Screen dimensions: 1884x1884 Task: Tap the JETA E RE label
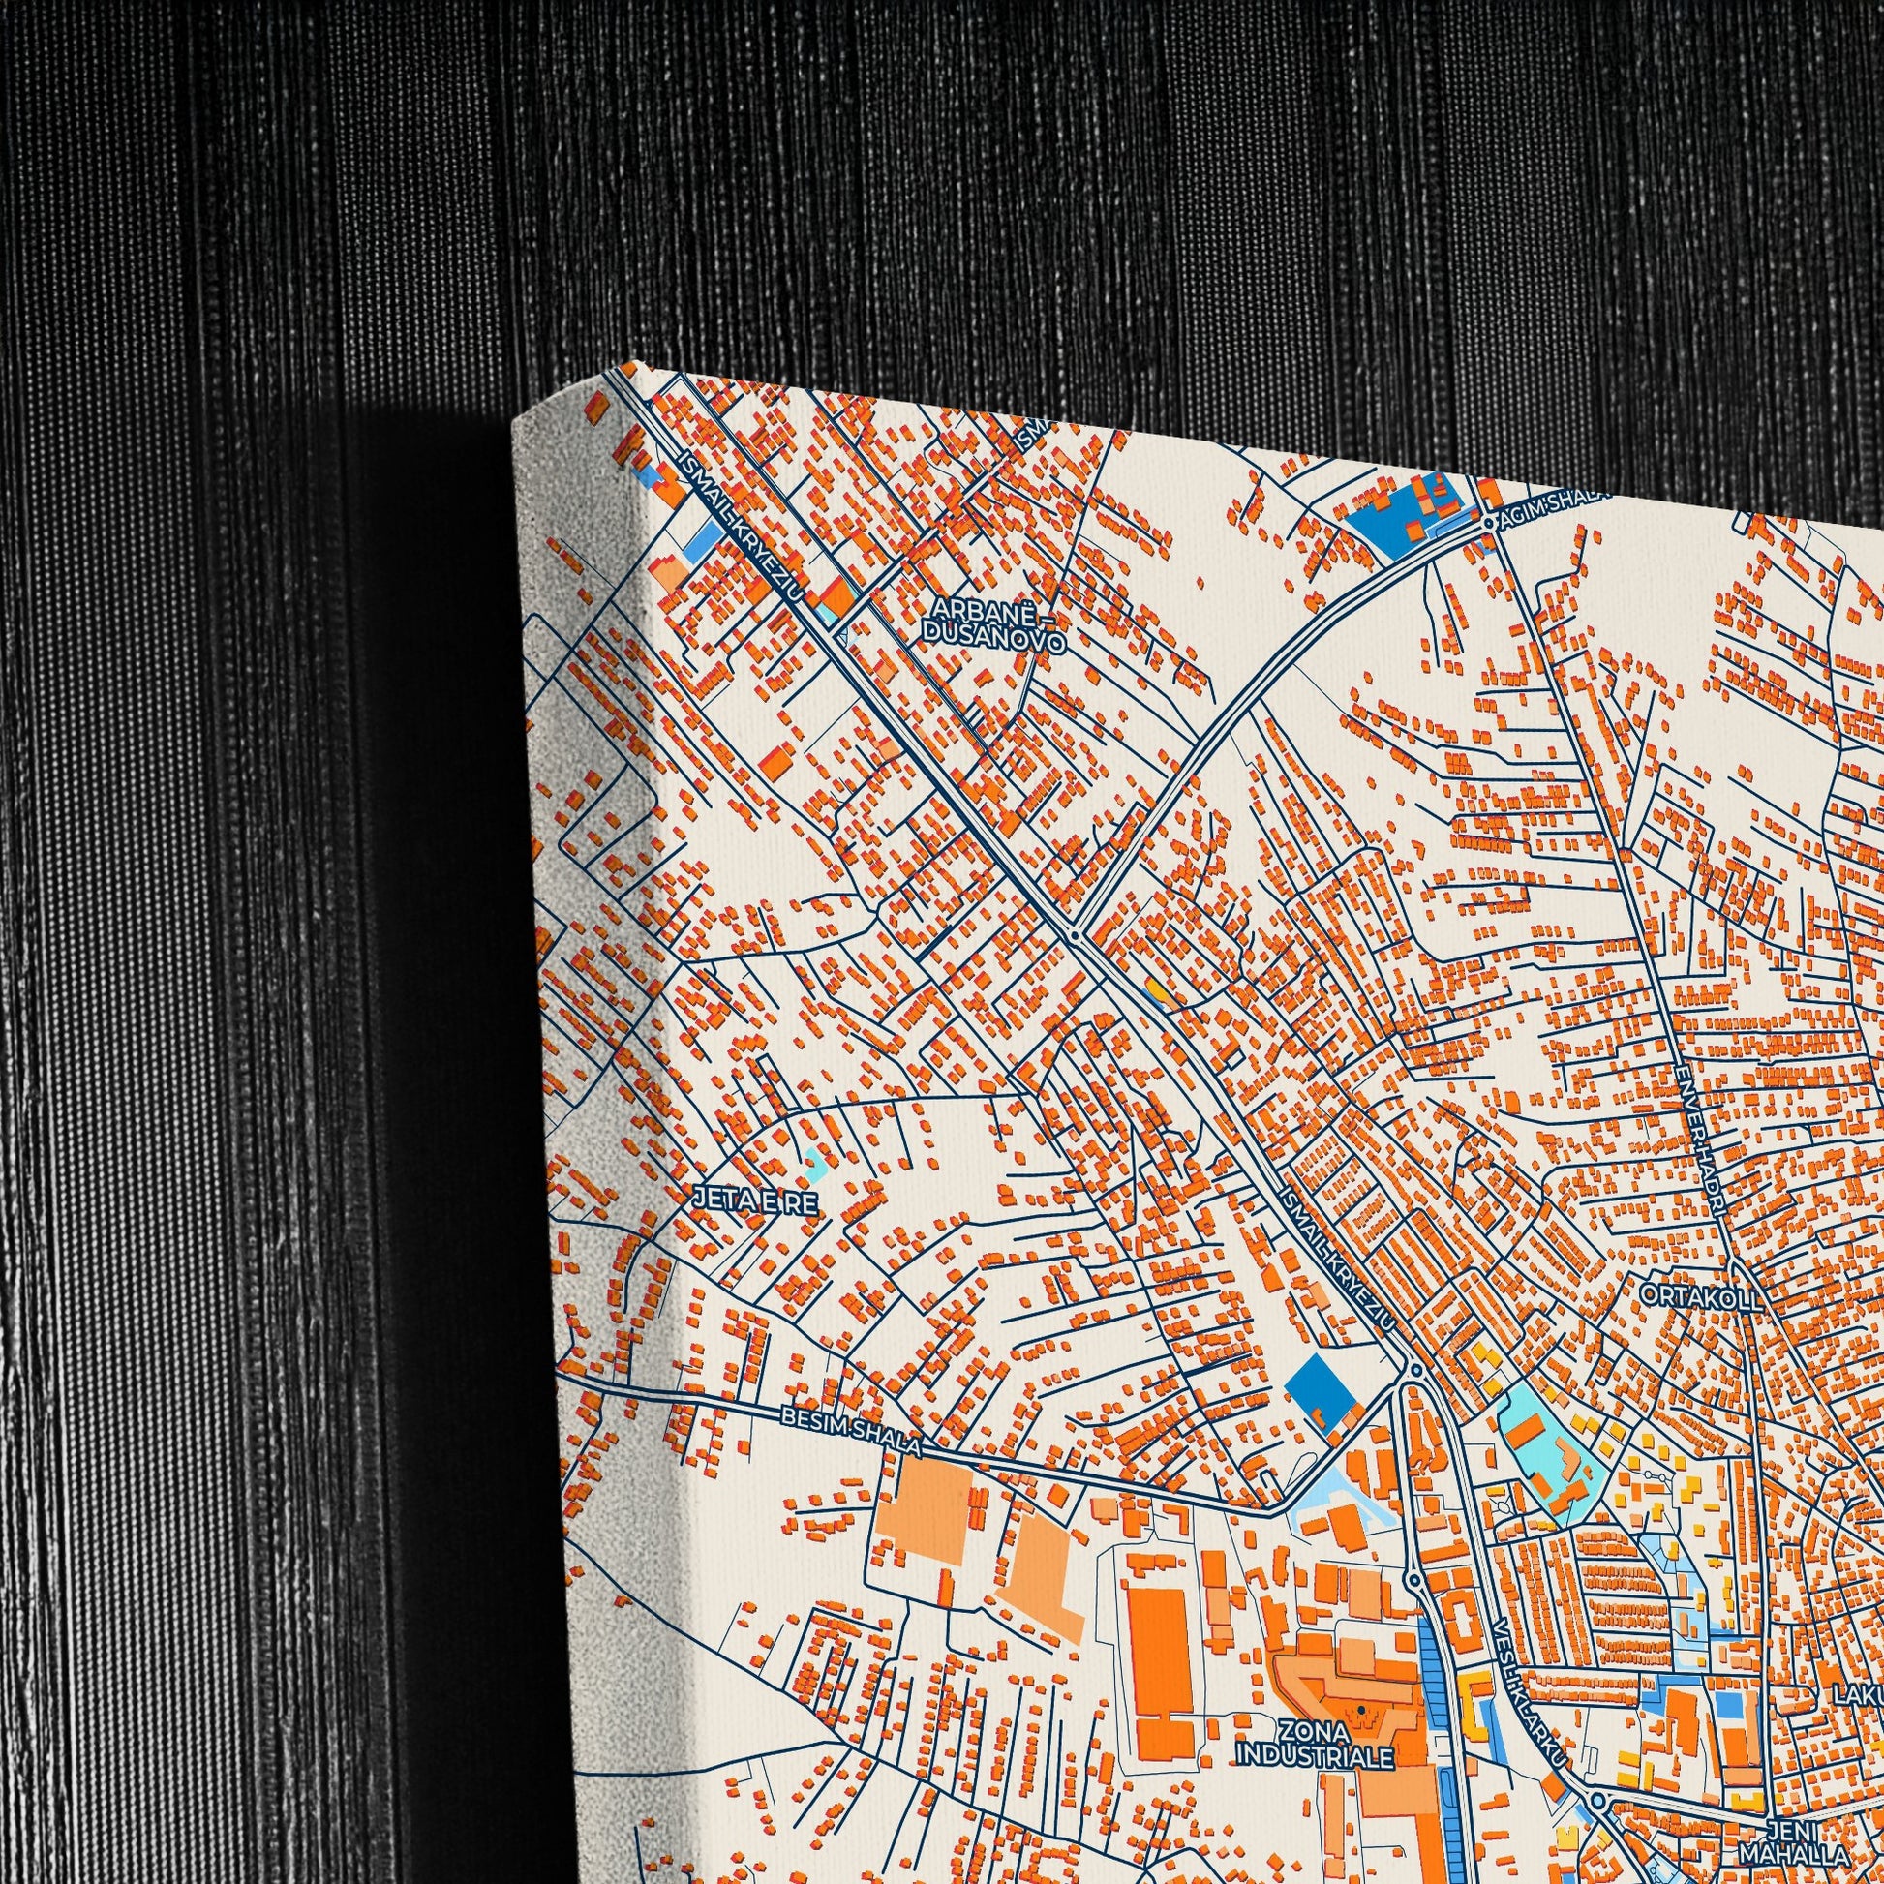(755, 1201)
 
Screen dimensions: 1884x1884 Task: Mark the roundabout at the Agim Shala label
(1489, 524)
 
